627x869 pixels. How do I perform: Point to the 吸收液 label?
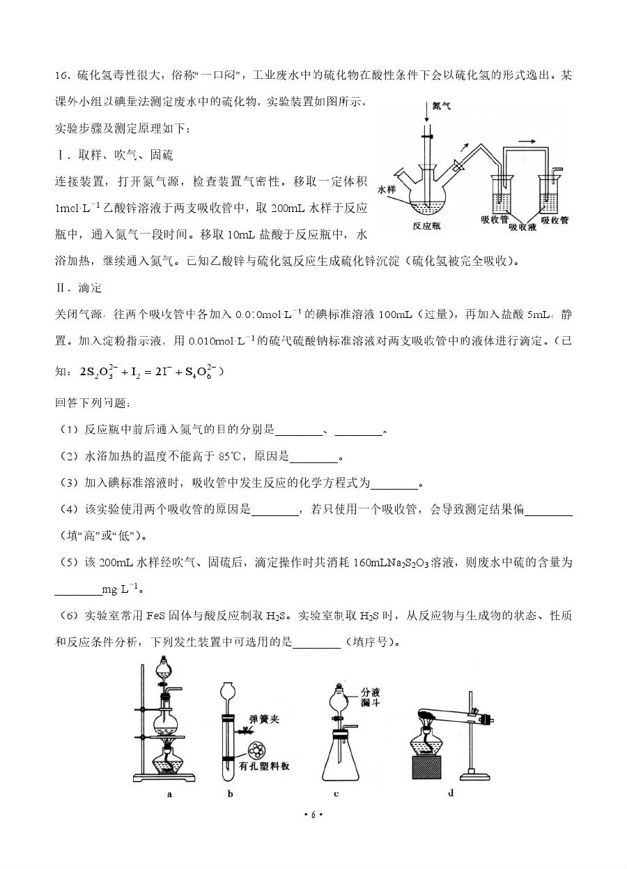point(522,227)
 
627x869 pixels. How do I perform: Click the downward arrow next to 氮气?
point(426,112)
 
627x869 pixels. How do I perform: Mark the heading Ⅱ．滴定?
point(78,287)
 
